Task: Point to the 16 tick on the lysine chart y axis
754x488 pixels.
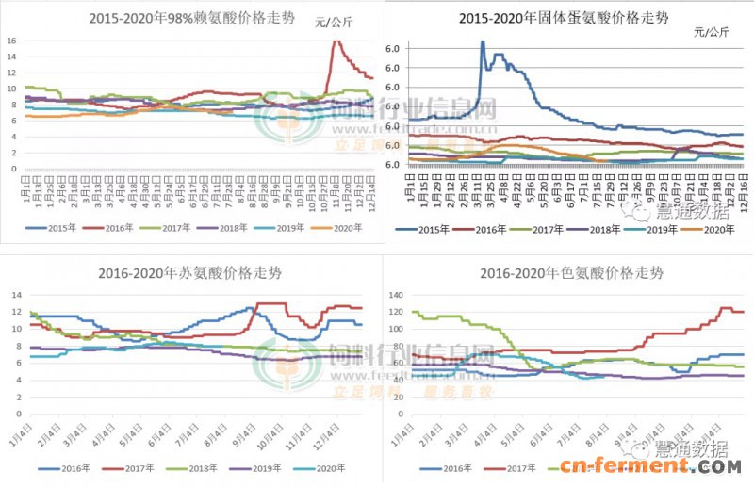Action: pyautogui.click(x=10, y=41)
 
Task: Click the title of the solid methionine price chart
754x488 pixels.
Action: pyautogui.click(x=565, y=18)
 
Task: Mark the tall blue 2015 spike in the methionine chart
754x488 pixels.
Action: pyautogui.click(x=483, y=42)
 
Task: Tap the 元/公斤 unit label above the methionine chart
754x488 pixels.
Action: pyautogui.click(x=713, y=32)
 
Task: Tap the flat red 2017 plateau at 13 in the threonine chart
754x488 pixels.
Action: pyautogui.click(x=271, y=303)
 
